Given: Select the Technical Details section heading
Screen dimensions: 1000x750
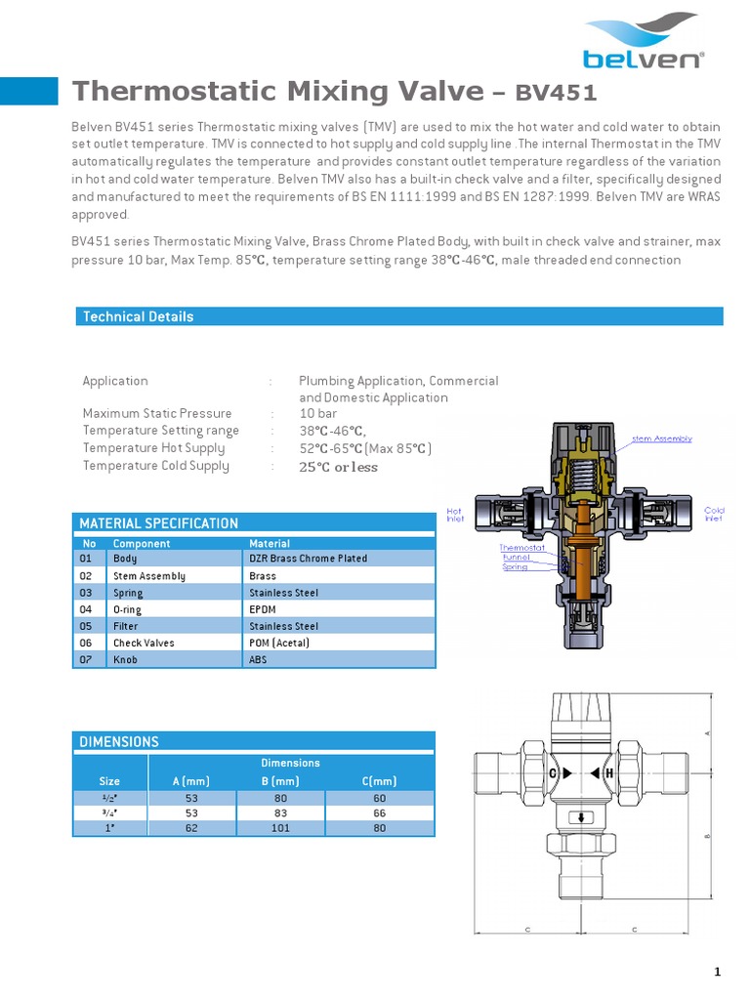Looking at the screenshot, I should tap(138, 316).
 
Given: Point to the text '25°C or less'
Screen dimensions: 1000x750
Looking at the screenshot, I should tap(338, 467).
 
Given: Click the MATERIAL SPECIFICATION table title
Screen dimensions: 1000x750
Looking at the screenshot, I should tap(158, 523).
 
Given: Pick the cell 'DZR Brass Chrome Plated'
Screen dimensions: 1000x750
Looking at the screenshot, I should tap(309, 559).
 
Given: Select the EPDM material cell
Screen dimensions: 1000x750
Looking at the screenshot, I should tap(263, 609).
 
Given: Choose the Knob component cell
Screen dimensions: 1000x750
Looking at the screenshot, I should tap(125, 660).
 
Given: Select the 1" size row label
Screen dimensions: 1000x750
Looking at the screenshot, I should tap(109, 828).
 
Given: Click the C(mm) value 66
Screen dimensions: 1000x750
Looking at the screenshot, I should tap(379, 812).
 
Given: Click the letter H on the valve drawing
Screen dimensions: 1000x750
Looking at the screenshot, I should tap(608, 773).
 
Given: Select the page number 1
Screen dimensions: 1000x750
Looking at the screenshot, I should tap(717, 971).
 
